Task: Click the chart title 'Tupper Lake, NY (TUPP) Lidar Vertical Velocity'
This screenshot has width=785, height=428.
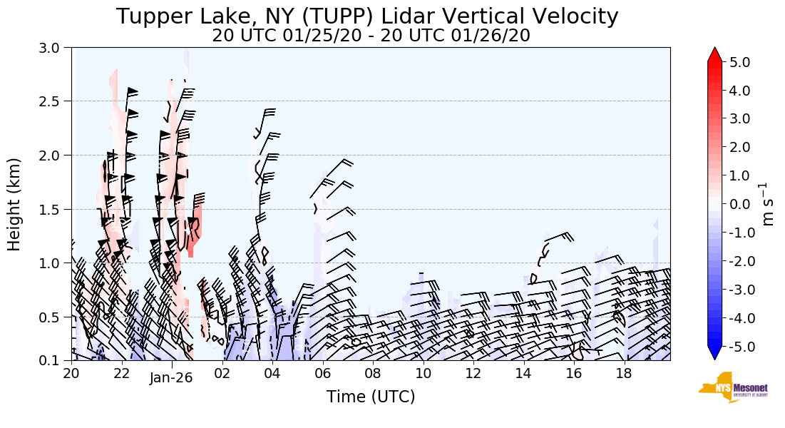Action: (x=367, y=16)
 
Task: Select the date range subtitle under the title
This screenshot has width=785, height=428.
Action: (x=371, y=36)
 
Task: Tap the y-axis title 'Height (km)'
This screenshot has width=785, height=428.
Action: (x=14, y=204)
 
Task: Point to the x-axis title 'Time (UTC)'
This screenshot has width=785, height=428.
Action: (x=371, y=397)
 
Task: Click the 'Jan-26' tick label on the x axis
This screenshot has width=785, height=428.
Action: (x=171, y=378)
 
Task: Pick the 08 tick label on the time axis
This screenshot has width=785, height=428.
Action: (x=373, y=373)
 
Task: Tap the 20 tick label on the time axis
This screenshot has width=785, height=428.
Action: (x=71, y=373)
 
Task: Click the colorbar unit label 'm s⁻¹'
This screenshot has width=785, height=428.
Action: (x=768, y=204)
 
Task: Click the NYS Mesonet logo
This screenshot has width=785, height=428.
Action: (x=727, y=387)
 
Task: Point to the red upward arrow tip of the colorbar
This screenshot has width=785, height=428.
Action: (x=714, y=54)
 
